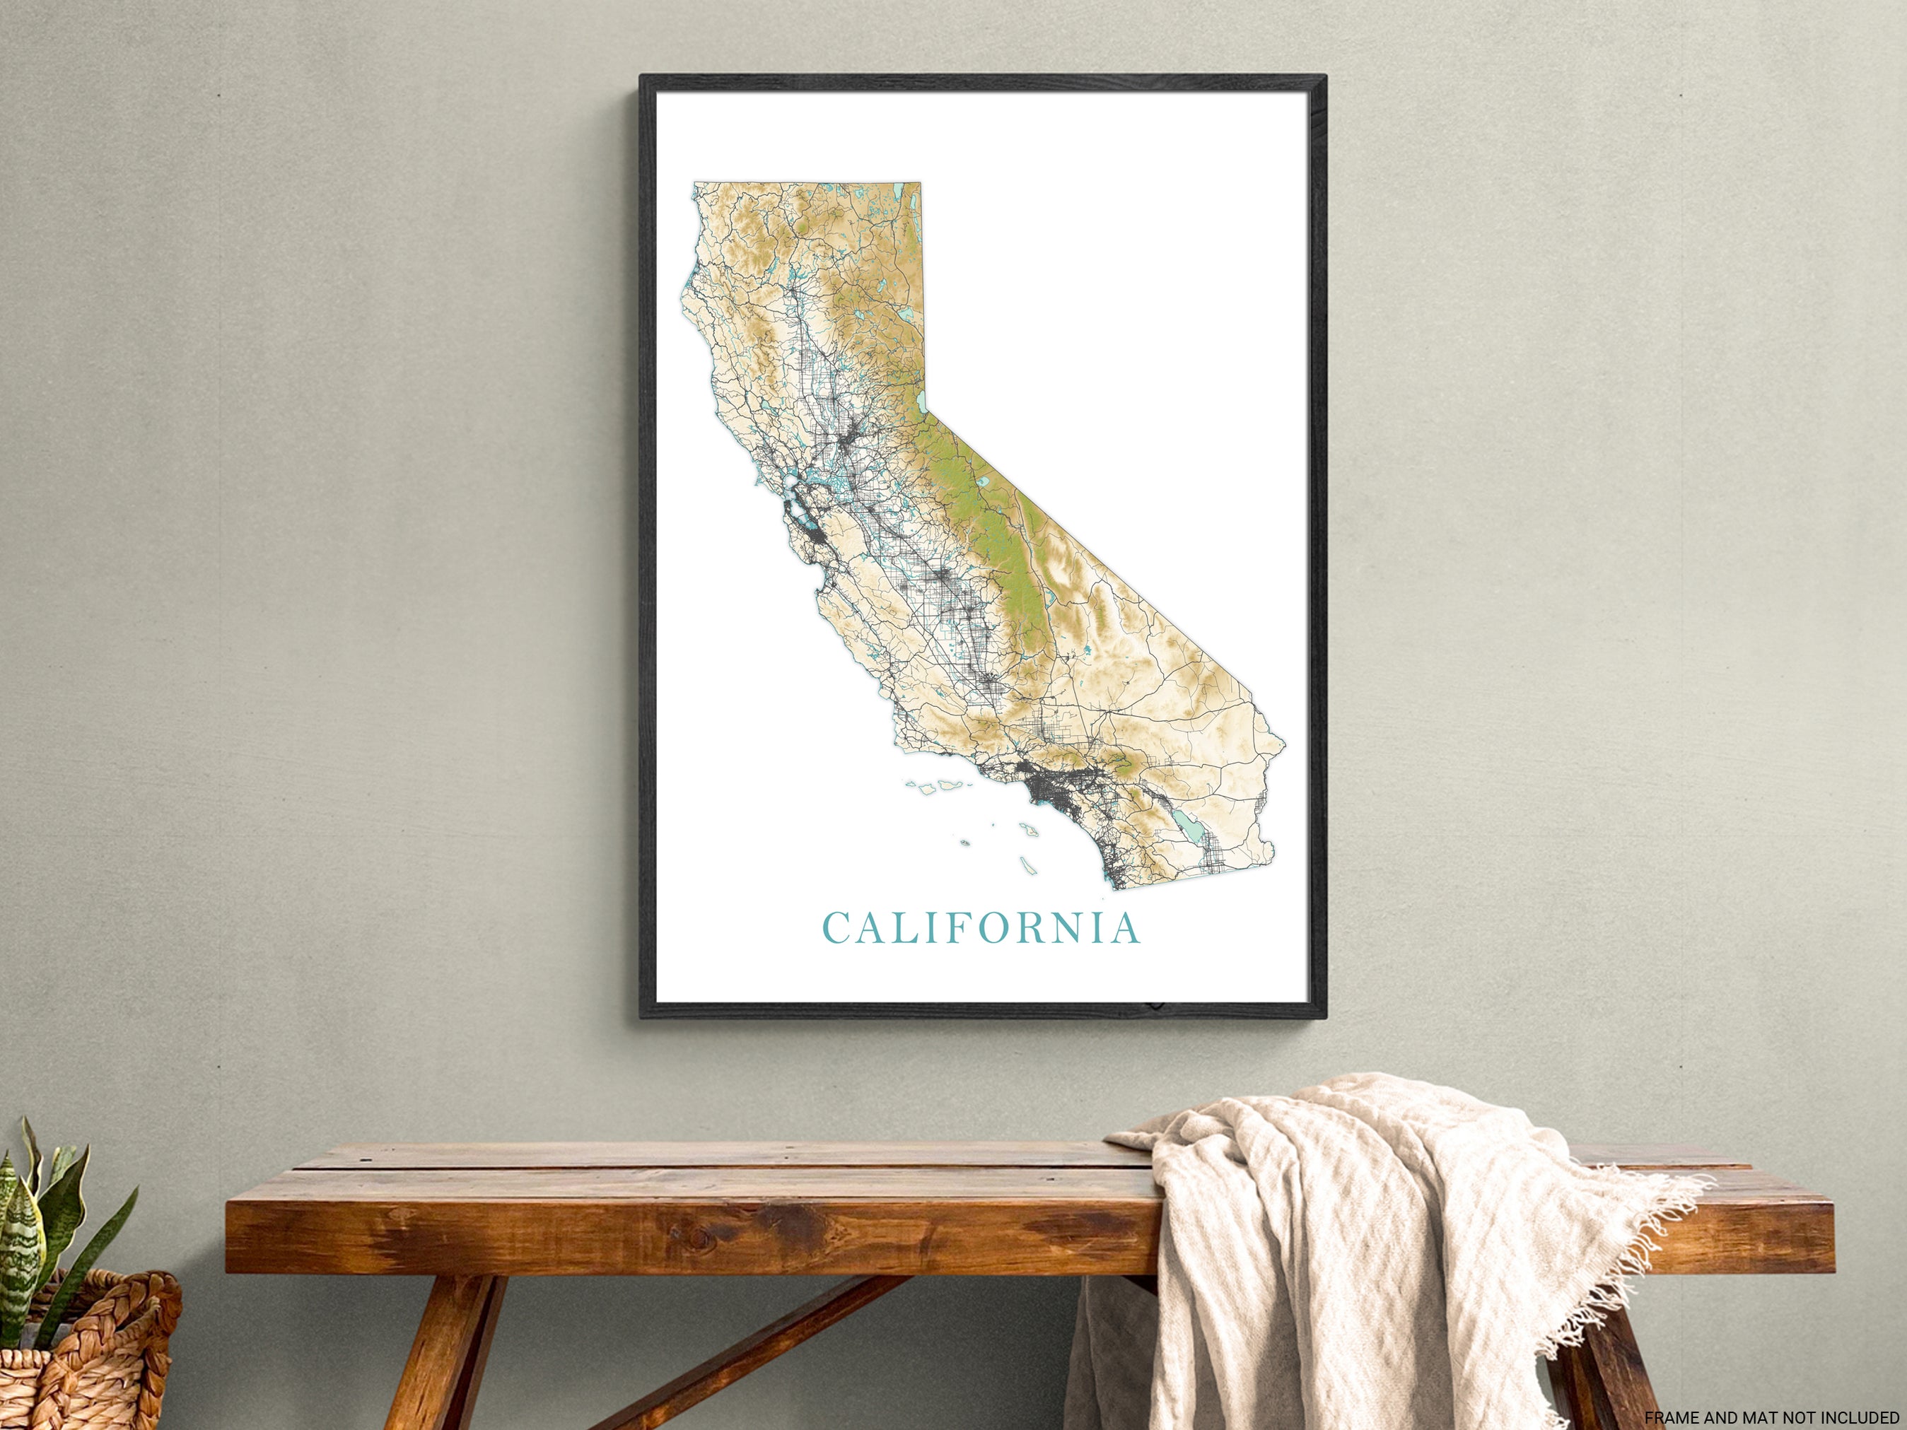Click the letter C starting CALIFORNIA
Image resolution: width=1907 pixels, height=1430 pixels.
(x=837, y=927)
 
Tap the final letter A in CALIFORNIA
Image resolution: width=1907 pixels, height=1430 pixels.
(x=1125, y=927)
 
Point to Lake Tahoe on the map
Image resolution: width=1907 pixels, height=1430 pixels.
(x=921, y=401)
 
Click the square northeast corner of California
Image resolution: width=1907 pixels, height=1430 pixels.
(x=921, y=184)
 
